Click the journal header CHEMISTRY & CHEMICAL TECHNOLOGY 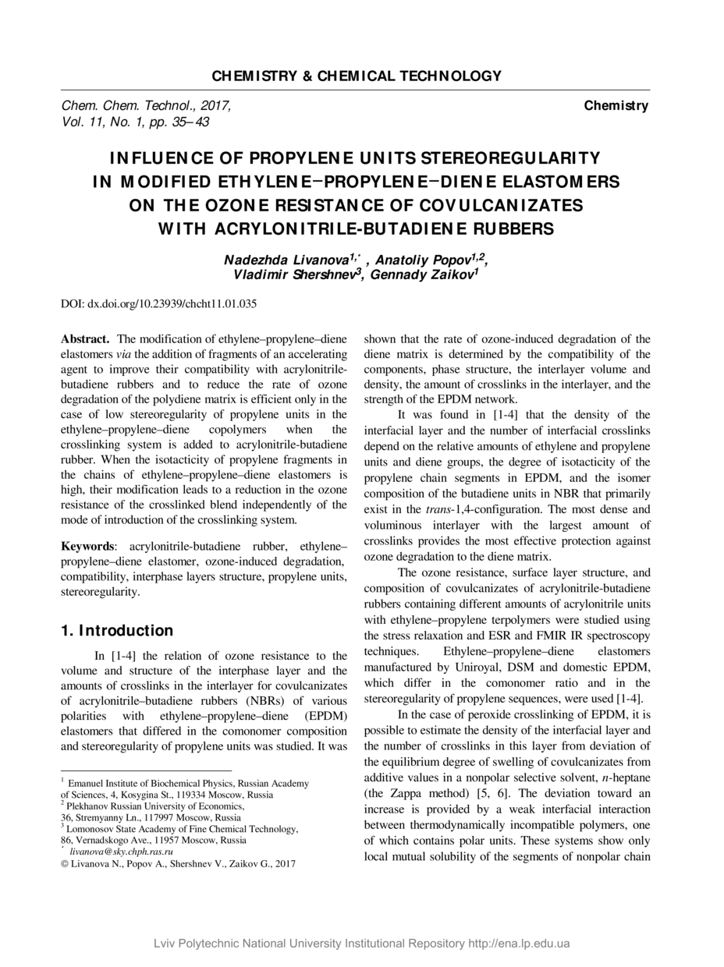(x=357, y=76)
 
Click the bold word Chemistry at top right (x=616, y=106)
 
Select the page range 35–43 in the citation (x=189, y=122)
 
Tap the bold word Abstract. (x=85, y=339)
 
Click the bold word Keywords (x=87, y=547)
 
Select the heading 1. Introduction (x=117, y=630)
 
